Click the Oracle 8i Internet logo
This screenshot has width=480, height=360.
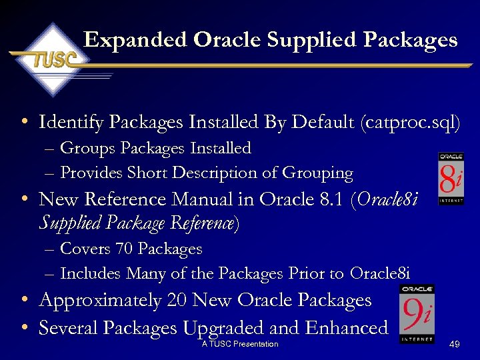coord(451,178)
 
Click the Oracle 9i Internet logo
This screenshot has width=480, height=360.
coord(417,313)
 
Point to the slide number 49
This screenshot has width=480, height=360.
coord(455,344)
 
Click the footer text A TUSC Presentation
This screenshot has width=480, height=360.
coord(239,344)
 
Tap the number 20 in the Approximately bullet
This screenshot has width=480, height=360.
coord(176,301)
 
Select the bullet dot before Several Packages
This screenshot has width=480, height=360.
coord(24,328)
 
